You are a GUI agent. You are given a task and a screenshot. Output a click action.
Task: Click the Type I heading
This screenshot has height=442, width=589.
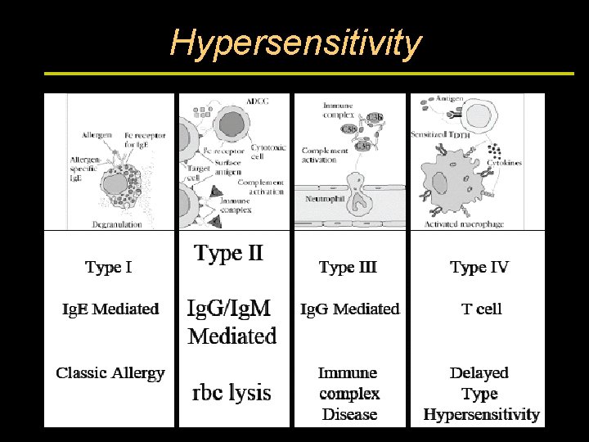[109, 267]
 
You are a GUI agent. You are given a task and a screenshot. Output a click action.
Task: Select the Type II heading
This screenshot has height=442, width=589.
[229, 253]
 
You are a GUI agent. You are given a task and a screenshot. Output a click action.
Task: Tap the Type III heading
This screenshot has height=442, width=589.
[348, 267]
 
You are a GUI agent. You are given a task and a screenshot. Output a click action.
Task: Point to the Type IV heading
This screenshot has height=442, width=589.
[479, 267]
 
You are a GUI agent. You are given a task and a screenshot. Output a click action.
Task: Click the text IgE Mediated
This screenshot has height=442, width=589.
[110, 309]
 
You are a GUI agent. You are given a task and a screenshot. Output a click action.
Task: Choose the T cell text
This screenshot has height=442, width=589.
[481, 309]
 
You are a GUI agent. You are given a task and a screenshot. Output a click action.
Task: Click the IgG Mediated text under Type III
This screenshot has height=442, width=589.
[350, 309]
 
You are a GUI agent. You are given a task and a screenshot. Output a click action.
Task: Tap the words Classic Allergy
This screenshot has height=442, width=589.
[110, 373]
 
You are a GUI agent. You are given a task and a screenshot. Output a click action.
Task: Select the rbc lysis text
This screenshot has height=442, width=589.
[232, 392]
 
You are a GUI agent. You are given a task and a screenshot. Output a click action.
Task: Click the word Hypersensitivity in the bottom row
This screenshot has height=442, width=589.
[481, 414]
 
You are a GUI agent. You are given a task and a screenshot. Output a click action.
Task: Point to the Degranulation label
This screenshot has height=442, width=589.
[117, 223]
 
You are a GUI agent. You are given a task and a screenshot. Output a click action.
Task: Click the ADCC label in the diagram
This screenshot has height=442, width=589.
[256, 101]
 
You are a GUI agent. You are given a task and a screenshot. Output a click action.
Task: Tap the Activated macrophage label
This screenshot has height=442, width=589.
[464, 223]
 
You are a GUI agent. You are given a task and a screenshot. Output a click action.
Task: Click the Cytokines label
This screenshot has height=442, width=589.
[504, 162]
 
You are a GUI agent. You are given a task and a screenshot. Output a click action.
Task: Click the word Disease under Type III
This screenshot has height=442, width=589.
[349, 414]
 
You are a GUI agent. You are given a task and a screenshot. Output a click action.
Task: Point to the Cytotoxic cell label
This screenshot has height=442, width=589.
[268, 152]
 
